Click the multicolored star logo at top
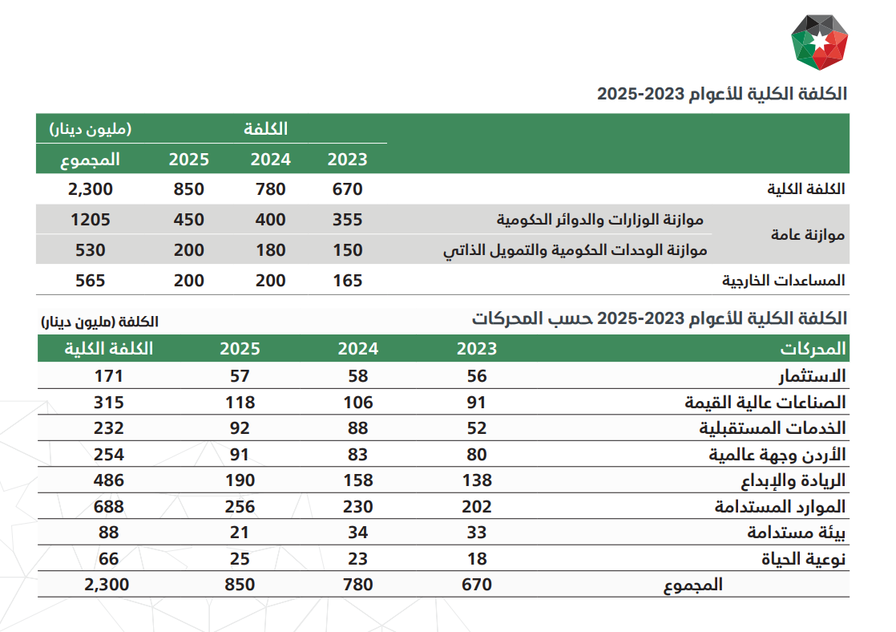click(x=819, y=42)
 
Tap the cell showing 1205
click(x=91, y=220)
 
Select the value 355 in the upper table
click(x=348, y=220)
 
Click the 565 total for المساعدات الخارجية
click(x=91, y=280)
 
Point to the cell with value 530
click(x=91, y=250)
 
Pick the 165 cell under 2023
click(x=348, y=280)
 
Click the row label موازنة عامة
click(x=807, y=234)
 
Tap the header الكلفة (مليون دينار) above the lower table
click(x=100, y=322)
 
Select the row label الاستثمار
click(x=812, y=376)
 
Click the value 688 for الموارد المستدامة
click(x=108, y=507)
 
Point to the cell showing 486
click(x=108, y=480)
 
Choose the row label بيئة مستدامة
click(x=797, y=533)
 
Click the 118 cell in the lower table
click(x=240, y=403)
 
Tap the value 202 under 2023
click(x=477, y=507)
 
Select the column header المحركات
click(x=813, y=349)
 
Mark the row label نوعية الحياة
click(x=803, y=559)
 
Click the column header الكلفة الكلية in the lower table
click(x=108, y=349)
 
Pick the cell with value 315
click(x=108, y=403)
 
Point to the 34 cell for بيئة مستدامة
click(x=358, y=533)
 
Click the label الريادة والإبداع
click(x=793, y=481)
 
